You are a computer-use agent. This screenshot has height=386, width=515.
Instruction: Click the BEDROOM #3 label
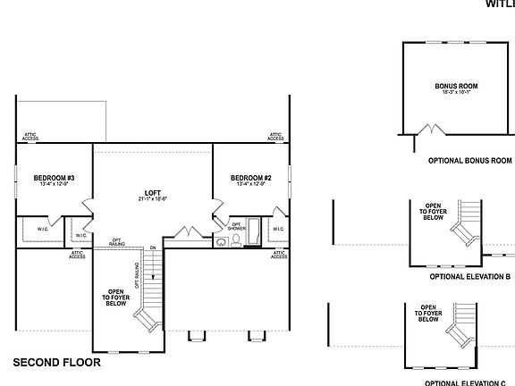point(54,178)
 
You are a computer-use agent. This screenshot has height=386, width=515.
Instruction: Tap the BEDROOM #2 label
point(250,178)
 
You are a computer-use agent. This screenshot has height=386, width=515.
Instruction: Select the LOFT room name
point(153,192)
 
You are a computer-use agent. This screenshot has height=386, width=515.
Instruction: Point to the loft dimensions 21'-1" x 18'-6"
point(153,199)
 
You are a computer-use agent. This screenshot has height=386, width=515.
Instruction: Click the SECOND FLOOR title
point(56,363)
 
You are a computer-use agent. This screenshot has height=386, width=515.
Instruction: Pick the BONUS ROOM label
point(456,86)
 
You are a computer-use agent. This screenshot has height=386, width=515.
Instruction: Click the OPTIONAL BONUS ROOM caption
point(456,159)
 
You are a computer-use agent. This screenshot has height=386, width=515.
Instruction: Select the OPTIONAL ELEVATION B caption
point(469,277)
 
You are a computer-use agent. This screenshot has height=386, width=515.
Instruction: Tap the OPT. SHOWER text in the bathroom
point(237,226)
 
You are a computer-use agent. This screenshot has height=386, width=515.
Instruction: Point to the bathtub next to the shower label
point(253,231)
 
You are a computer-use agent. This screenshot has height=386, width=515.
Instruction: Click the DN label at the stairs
point(153,248)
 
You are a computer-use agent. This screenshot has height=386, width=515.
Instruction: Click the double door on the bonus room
point(426,130)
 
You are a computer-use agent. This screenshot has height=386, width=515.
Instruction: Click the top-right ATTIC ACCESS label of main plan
point(276,137)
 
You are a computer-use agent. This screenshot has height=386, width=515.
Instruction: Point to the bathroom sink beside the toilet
point(220,242)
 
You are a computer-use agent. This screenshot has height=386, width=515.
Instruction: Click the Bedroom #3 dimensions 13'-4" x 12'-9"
point(54,185)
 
